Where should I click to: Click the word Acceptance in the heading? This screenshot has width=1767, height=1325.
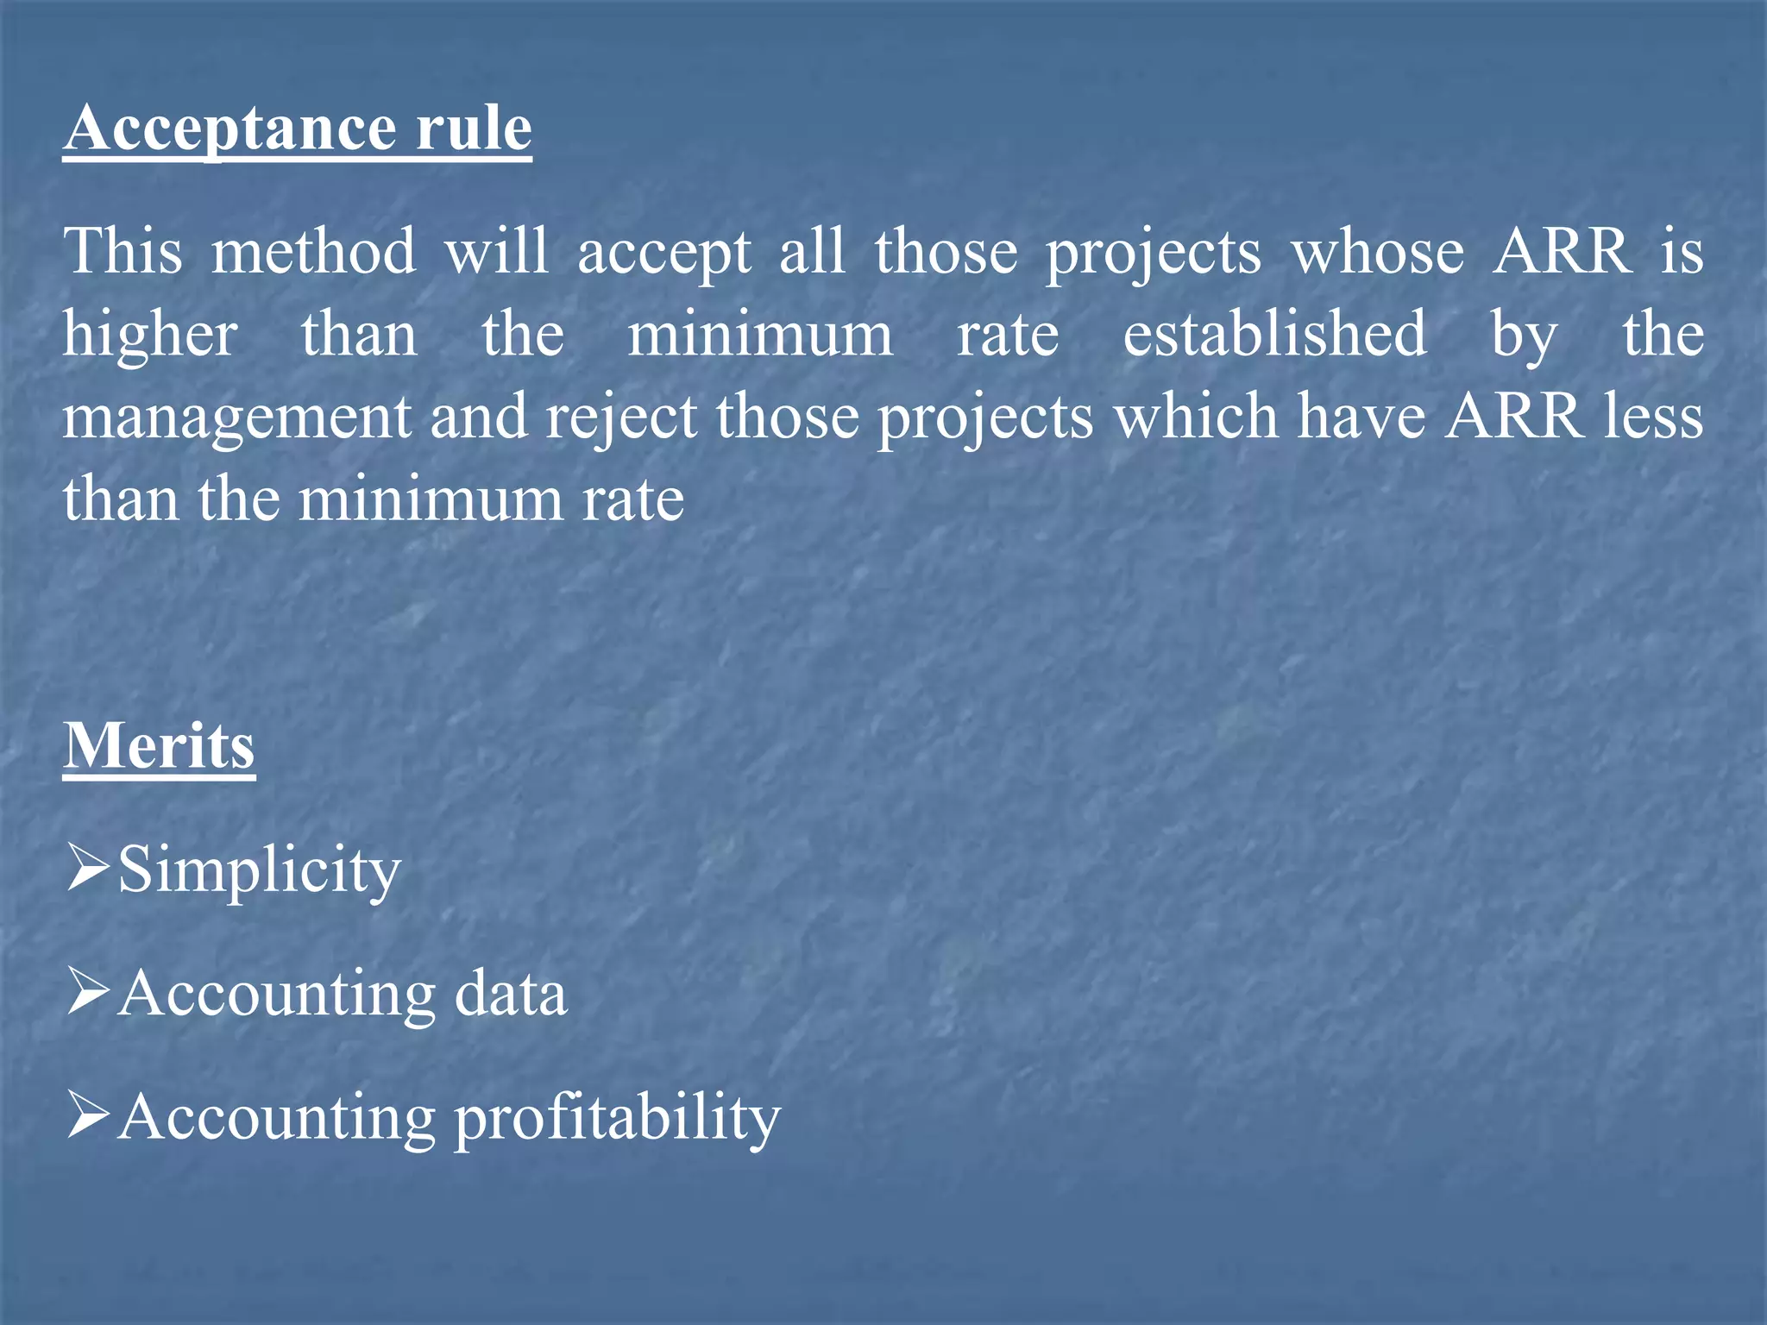(x=229, y=129)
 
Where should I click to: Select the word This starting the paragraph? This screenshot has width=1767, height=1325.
(x=123, y=252)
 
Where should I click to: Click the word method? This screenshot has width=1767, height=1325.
(x=314, y=252)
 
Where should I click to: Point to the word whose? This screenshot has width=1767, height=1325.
(x=1377, y=252)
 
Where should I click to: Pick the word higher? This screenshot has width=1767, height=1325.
(x=150, y=336)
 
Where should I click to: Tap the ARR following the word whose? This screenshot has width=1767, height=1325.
(x=1563, y=252)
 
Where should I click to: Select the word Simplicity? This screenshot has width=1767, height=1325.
(x=260, y=870)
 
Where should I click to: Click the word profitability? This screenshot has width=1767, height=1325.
(x=618, y=1119)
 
